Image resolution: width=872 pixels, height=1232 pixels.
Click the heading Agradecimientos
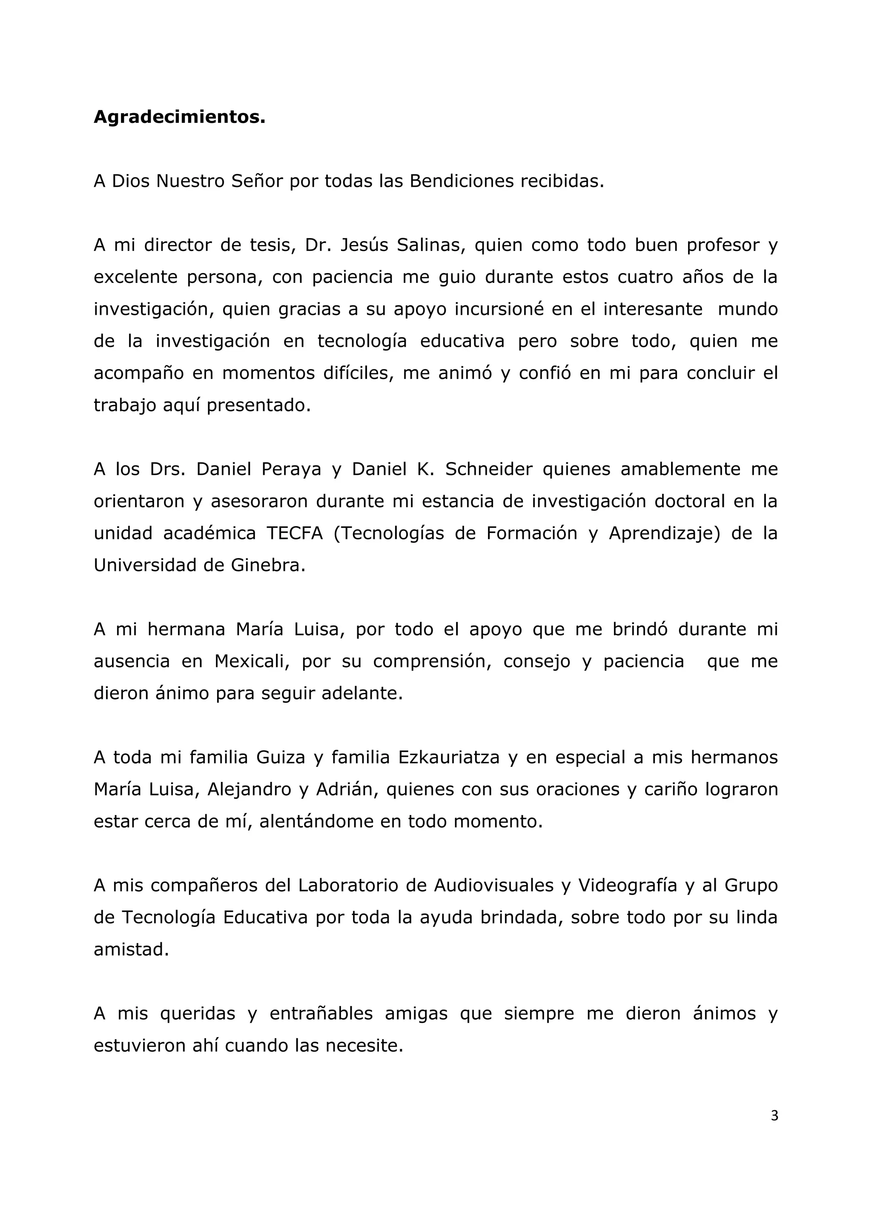point(179,117)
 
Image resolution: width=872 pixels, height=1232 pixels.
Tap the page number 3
point(774,1115)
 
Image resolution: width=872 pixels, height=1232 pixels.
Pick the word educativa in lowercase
point(462,341)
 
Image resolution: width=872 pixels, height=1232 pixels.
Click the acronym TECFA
point(294,533)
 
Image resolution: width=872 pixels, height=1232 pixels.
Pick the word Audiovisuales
point(493,885)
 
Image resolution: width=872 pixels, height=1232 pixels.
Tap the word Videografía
point(627,885)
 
